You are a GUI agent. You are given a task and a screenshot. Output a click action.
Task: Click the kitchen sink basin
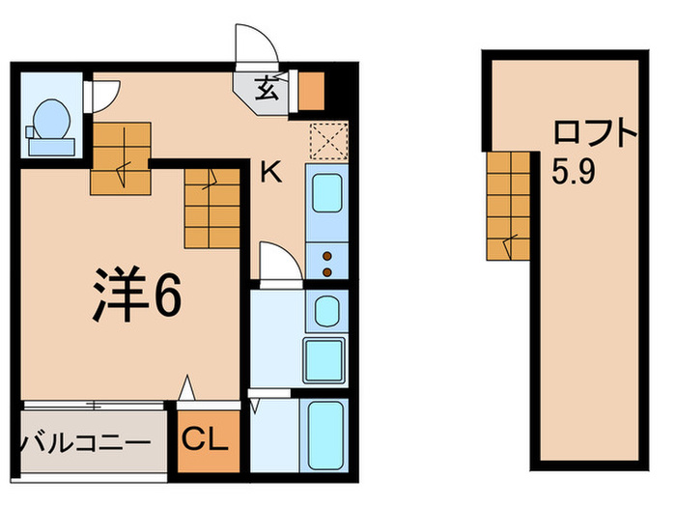point(326,196)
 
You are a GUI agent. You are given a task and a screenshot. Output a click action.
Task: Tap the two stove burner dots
point(327,264)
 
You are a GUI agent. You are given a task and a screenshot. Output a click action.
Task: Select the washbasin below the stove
point(326,310)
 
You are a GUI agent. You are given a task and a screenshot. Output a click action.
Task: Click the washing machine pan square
point(326,360)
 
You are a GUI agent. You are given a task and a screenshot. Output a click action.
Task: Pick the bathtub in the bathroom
point(326,434)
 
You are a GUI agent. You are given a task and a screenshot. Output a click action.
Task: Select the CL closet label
point(205,442)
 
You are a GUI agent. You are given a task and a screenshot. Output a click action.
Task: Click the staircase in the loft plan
point(510,206)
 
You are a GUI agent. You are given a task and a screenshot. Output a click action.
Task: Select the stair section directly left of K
point(211,206)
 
